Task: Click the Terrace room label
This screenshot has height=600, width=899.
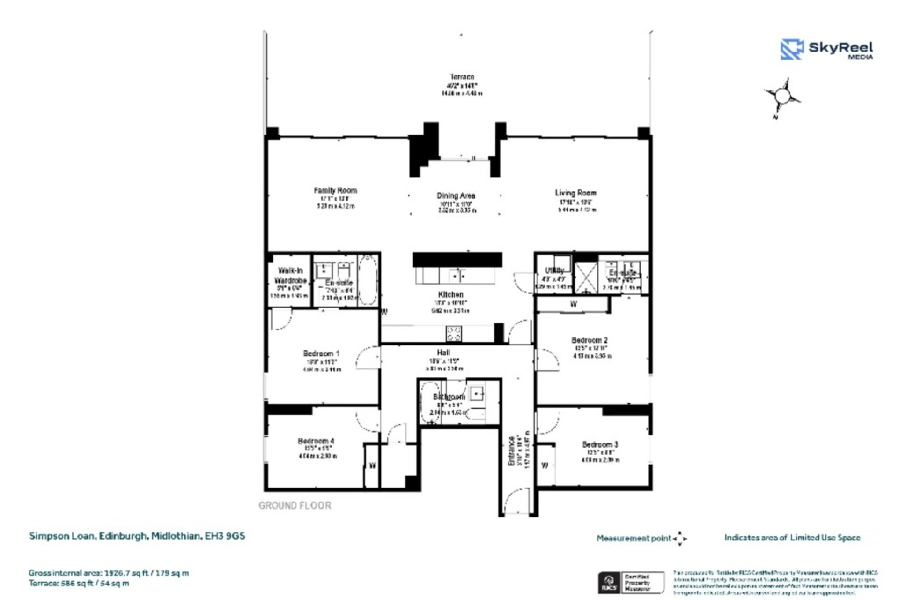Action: point(462,77)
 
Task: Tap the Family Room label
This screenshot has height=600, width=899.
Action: point(335,190)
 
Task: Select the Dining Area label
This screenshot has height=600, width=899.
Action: point(456,195)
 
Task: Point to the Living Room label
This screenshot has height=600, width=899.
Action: point(575,193)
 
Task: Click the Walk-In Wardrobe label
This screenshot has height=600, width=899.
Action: point(290,276)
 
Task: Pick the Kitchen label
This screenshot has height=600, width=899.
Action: point(450,294)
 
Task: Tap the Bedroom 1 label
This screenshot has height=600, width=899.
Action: point(321,353)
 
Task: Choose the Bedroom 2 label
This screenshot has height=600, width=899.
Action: point(590,340)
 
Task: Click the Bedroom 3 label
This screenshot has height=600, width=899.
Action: point(600,444)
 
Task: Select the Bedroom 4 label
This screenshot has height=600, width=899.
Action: point(316,441)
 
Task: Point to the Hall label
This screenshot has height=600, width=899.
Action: point(443,352)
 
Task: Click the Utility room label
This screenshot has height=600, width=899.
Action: point(554,270)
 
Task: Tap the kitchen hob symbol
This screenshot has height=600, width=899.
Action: point(453,334)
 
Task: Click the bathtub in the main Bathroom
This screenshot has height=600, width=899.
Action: point(429,403)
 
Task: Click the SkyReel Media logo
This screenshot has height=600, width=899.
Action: point(826,49)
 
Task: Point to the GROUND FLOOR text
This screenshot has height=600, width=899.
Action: point(295,505)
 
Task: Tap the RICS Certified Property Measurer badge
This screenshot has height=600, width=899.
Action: point(630,583)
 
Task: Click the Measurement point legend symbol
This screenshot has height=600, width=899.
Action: point(680,539)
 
